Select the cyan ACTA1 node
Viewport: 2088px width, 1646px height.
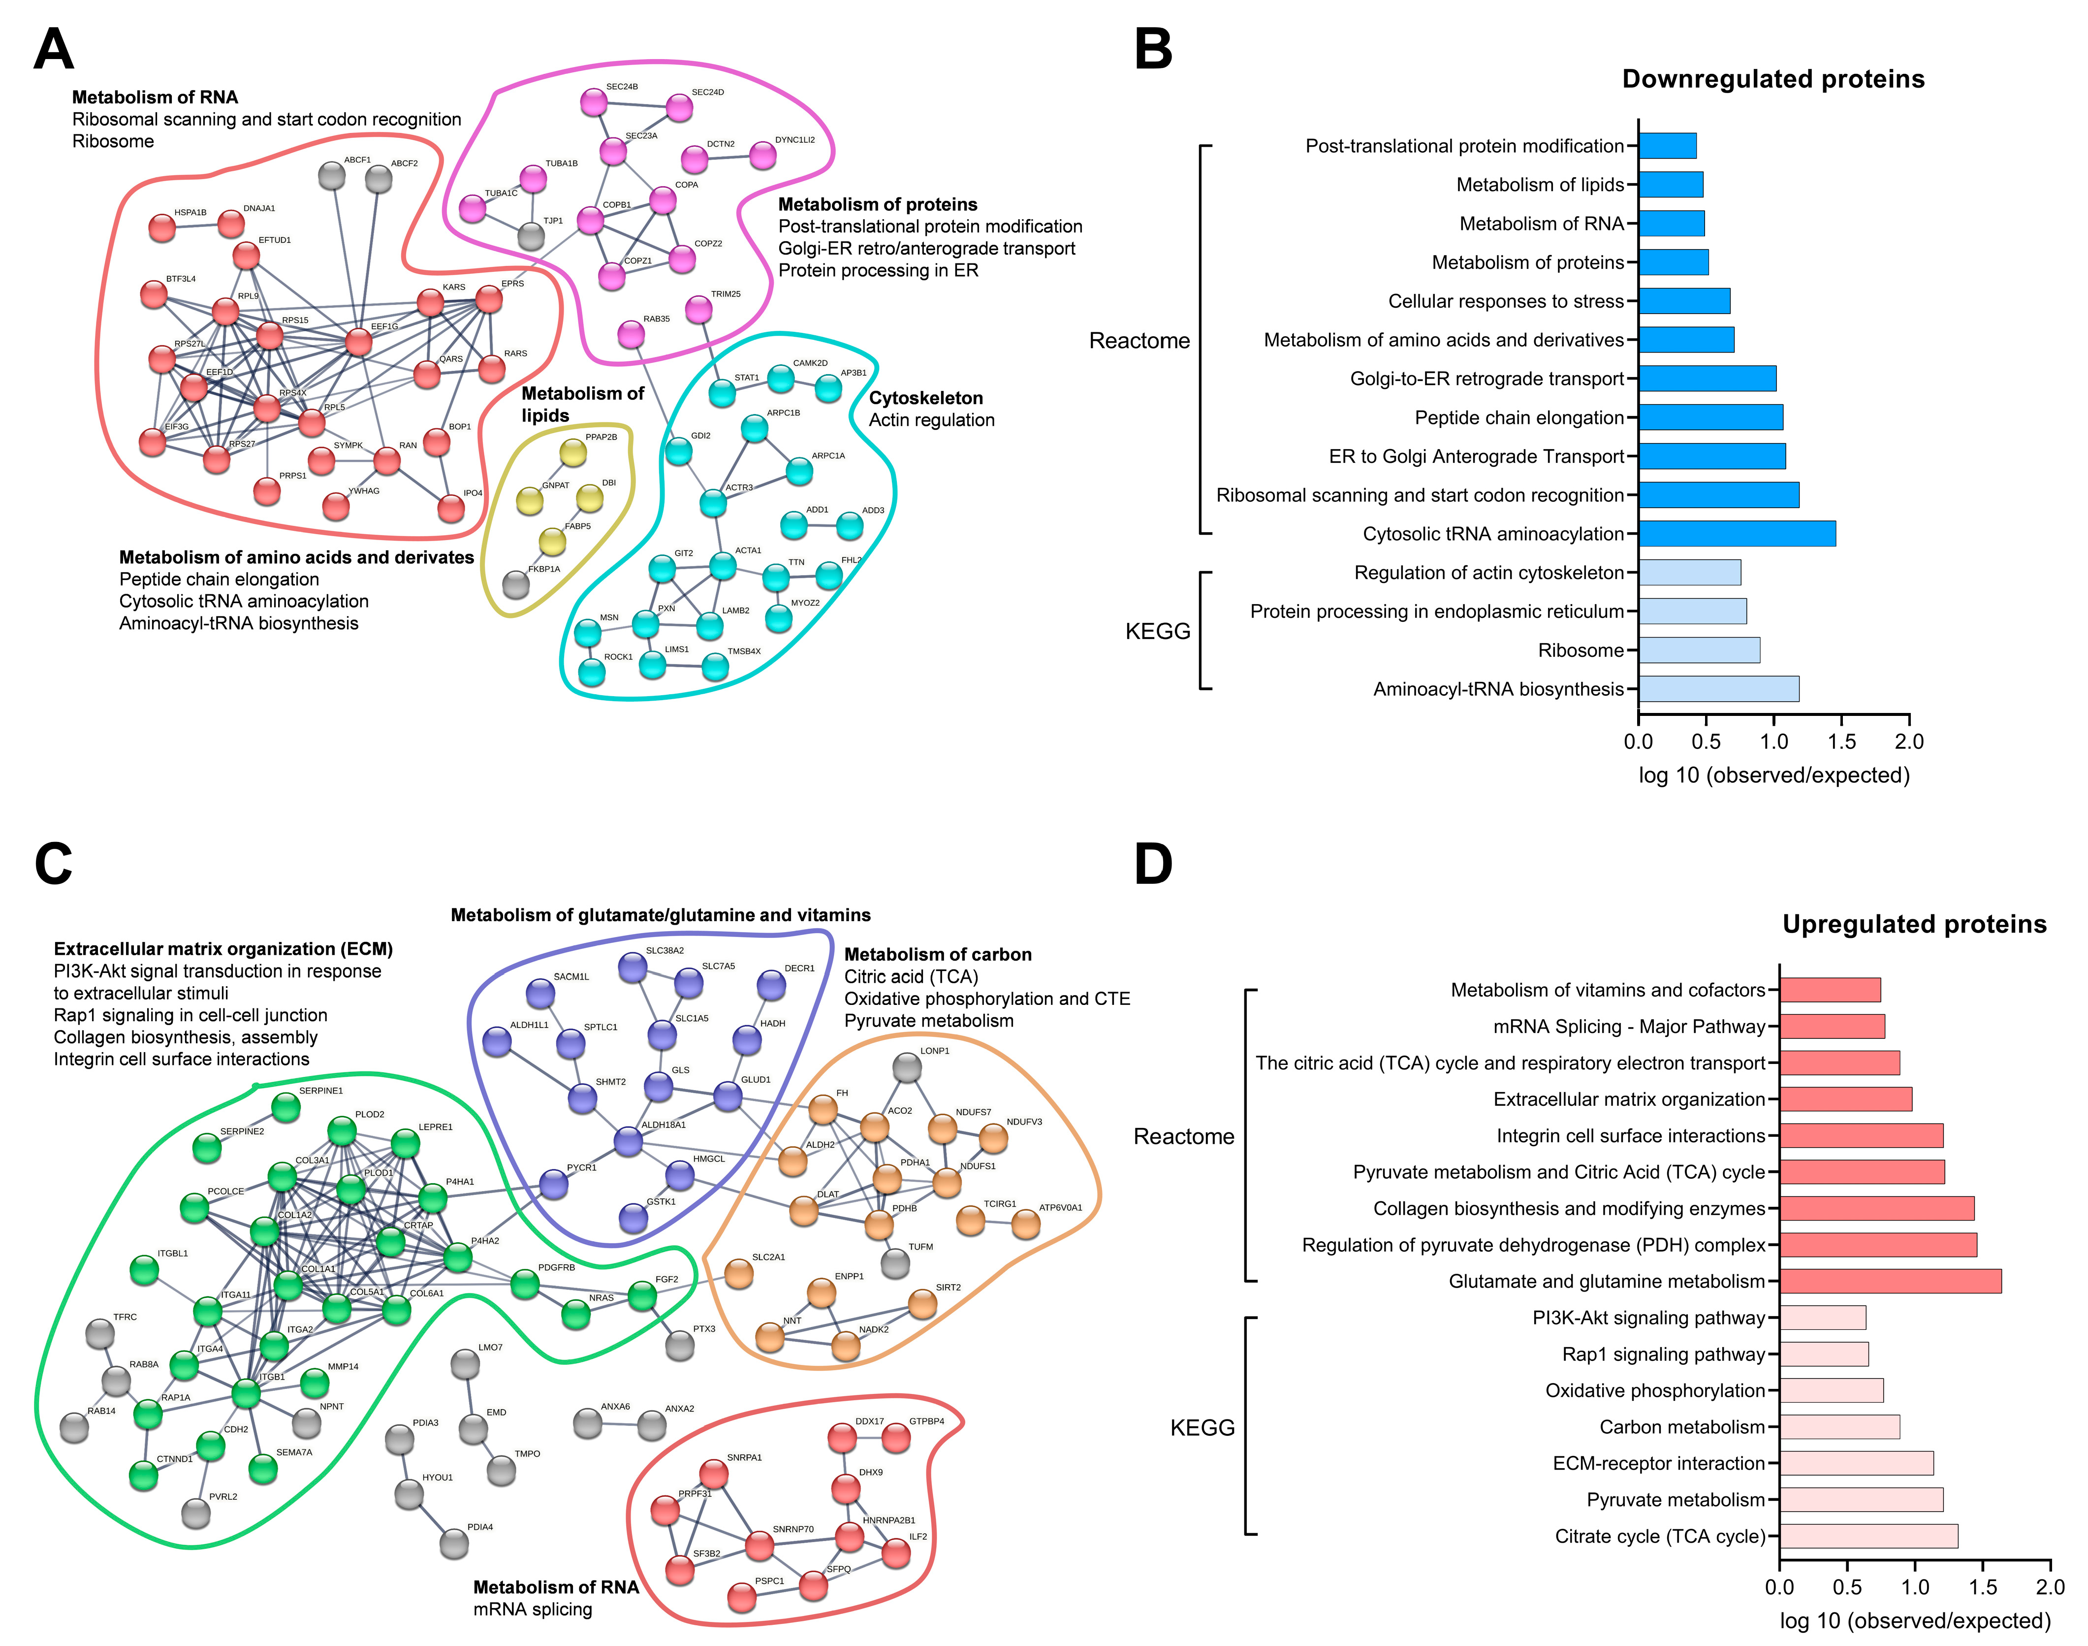[723, 566]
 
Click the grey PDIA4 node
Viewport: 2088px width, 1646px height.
[454, 1544]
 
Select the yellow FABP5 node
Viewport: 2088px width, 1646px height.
[552, 542]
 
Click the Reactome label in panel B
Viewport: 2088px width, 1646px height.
[1139, 341]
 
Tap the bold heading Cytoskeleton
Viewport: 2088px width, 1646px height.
[925, 398]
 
